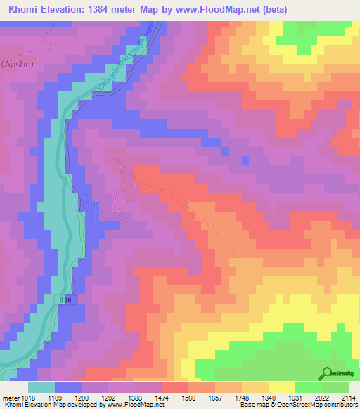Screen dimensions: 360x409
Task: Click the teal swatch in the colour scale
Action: (x=41, y=387)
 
